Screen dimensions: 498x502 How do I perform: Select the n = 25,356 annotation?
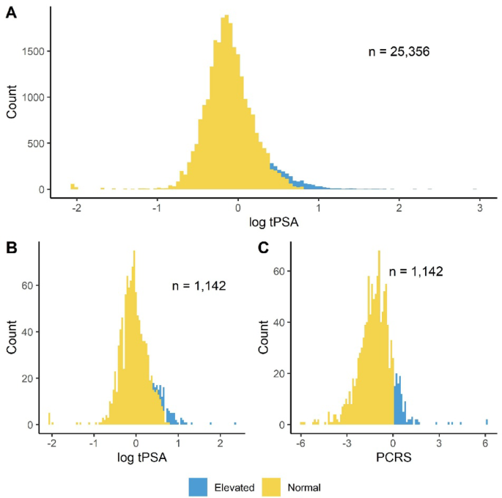398,52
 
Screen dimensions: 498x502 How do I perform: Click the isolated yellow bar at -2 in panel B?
50,420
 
